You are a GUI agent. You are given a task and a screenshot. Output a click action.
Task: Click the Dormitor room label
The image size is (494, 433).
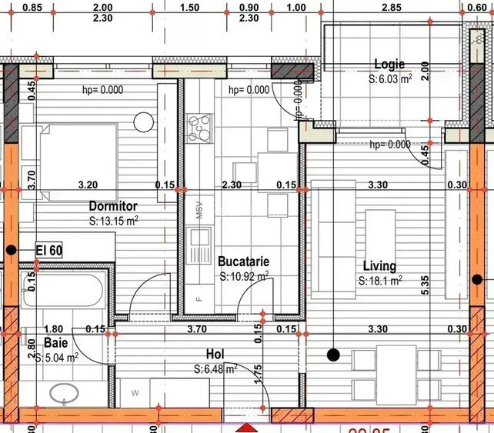click(113, 206)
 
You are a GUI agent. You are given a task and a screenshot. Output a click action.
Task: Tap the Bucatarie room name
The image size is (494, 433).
click(243, 261)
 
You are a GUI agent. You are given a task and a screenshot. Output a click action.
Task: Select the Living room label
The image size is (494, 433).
click(379, 266)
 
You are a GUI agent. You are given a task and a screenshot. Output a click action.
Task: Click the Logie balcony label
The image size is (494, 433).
click(389, 65)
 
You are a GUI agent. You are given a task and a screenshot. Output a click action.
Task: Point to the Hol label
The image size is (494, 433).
click(215, 355)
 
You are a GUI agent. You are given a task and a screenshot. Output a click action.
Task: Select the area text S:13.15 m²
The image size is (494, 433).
click(113, 221)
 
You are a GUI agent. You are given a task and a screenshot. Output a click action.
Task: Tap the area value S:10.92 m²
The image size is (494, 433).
click(244, 275)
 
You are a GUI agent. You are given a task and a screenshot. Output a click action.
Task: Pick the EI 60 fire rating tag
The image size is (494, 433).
click(49, 249)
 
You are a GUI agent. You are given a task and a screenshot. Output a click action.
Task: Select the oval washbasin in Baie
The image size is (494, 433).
click(64, 392)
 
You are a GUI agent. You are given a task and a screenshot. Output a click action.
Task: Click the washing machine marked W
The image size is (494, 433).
click(135, 393)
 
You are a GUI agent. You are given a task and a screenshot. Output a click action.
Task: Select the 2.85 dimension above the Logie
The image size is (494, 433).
click(391, 7)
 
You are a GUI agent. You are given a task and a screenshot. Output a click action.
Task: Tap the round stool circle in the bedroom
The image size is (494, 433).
click(144, 122)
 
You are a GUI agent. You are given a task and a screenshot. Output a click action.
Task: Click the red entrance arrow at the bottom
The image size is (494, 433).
click(246, 427)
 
